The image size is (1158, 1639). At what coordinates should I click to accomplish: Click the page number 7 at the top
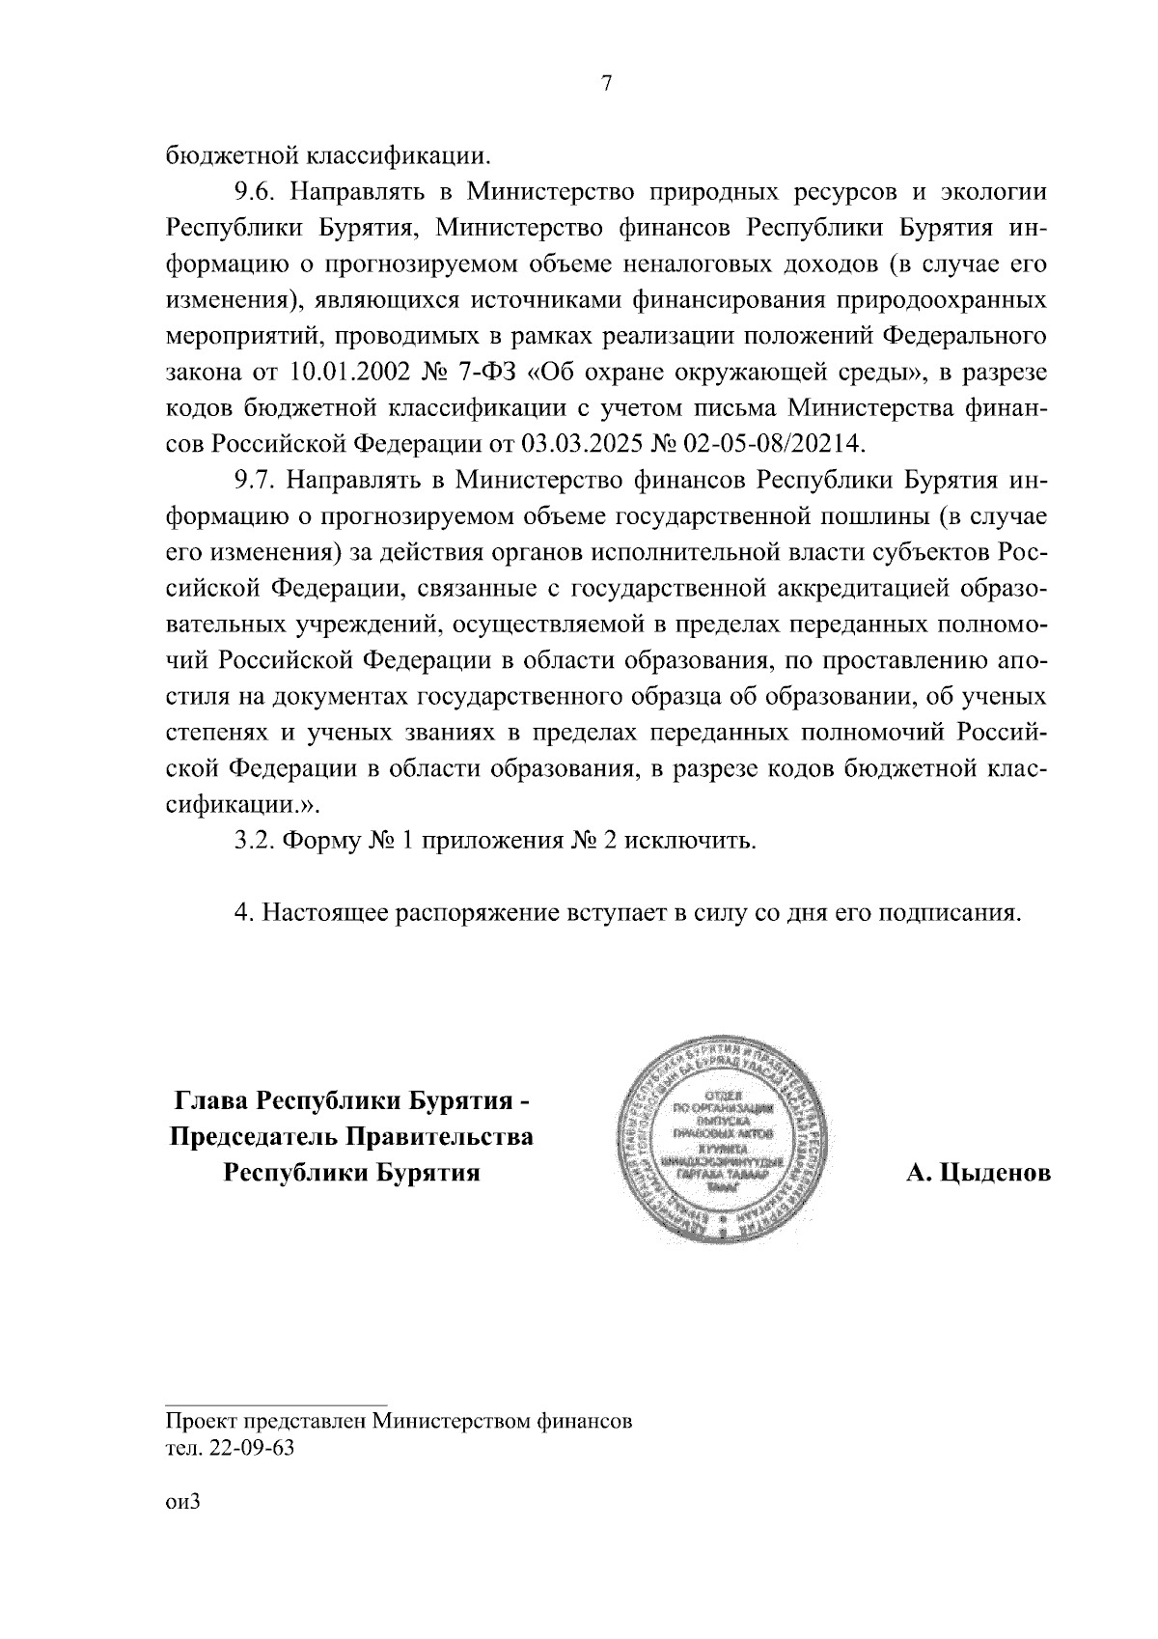click(x=606, y=84)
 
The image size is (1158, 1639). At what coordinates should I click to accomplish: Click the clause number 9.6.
click(x=257, y=191)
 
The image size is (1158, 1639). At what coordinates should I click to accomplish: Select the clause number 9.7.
click(x=257, y=480)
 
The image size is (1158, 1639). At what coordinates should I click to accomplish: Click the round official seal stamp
click(x=722, y=1140)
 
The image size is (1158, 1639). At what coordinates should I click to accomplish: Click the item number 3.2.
click(x=257, y=840)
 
